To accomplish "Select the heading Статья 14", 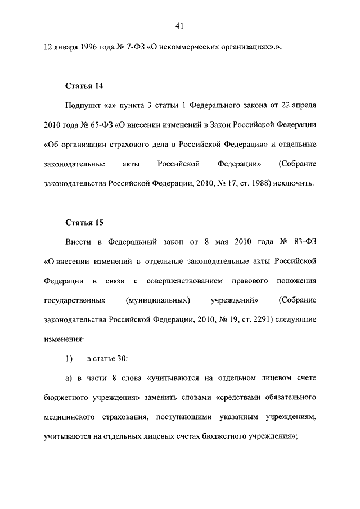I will point(84,86).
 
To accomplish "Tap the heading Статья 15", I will point(84,222).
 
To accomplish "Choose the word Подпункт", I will point(83,105).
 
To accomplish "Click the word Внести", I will point(78,241).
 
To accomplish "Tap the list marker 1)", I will point(69,358).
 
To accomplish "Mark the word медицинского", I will point(66,417).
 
